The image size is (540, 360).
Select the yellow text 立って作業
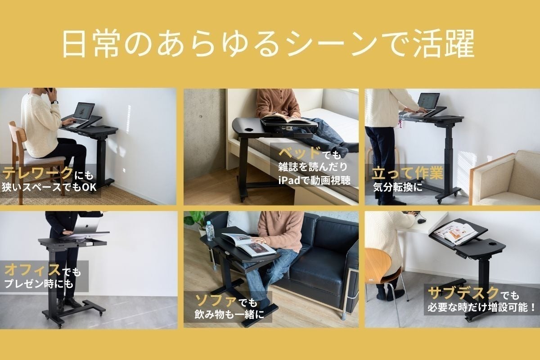[x=408, y=173]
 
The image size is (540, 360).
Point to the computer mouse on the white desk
[x=421, y=220]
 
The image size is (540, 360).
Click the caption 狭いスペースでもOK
[x=49, y=187]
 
